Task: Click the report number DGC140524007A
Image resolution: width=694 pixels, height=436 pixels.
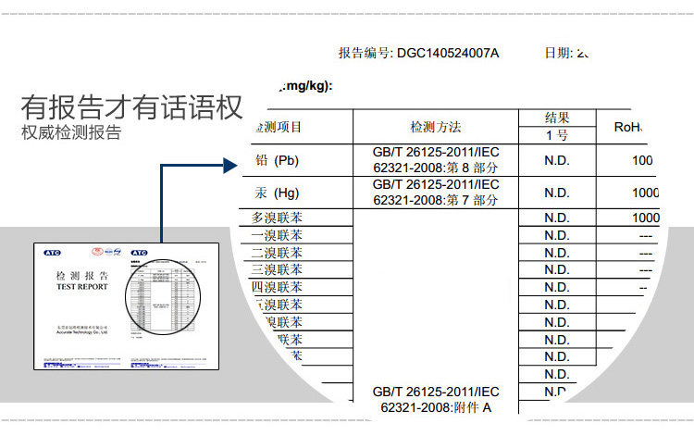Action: tap(447, 53)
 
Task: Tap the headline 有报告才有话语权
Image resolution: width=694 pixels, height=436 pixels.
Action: tap(131, 107)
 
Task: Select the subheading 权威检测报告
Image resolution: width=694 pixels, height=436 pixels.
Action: tap(71, 133)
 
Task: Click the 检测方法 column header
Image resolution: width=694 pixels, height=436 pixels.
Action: tap(436, 127)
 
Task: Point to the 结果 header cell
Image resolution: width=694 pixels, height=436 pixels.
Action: tap(556, 118)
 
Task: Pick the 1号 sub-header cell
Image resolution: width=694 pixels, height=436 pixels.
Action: tap(556, 135)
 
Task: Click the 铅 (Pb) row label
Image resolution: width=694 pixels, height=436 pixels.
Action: tap(277, 161)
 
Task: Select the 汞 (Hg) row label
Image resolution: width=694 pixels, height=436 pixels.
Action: tap(277, 193)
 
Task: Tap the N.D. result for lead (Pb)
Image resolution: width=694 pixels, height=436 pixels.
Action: tap(556, 161)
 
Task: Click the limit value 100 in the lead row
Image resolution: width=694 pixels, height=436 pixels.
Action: tap(642, 161)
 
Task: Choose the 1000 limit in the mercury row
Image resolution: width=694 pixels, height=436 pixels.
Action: tap(645, 193)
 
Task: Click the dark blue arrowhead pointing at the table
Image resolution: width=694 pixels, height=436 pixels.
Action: tap(232, 167)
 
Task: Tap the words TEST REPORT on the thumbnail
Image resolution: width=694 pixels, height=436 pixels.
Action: tap(82, 287)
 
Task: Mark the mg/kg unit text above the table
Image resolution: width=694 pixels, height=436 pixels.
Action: tap(305, 86)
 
